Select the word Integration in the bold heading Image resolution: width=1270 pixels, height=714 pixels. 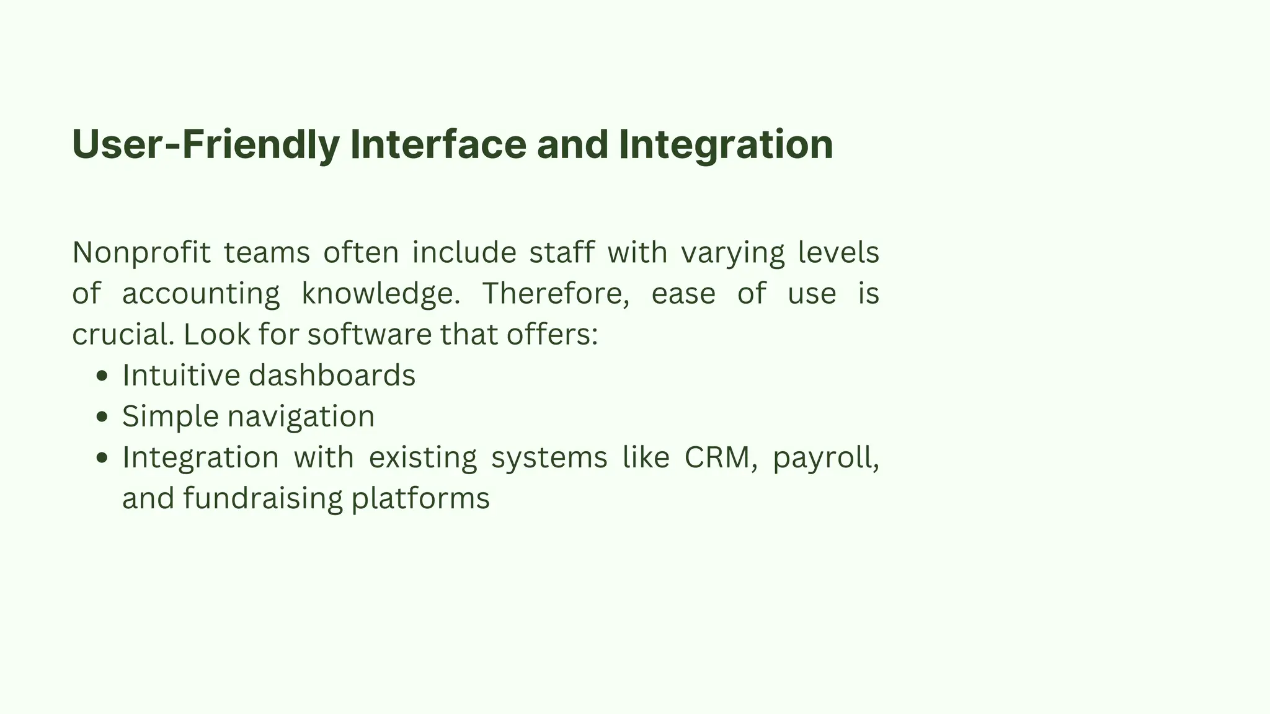pyautogui.click(x=726, y=144)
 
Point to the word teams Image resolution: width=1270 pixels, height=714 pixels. pyautogui.click(x=267, y=253)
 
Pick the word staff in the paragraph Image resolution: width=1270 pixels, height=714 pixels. pyautogui.click(x=561, y=253)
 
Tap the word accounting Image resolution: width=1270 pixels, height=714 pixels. pyautogui.click(x=201, y=294)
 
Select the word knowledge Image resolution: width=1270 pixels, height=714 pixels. pyautogui.click(x=380, y=294)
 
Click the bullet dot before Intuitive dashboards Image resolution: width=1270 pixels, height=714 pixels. pyautogui.click(x=103, y=376)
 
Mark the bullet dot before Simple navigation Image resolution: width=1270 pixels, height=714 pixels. pyautogui.click(x=103, y=417)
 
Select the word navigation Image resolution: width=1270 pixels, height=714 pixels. pyautogui.click(x=301, y=416)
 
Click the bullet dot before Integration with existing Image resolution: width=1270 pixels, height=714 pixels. pyautogui.click(x=103, y=458)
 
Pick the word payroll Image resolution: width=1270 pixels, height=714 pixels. pyautogui.click(x=825, y=459)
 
